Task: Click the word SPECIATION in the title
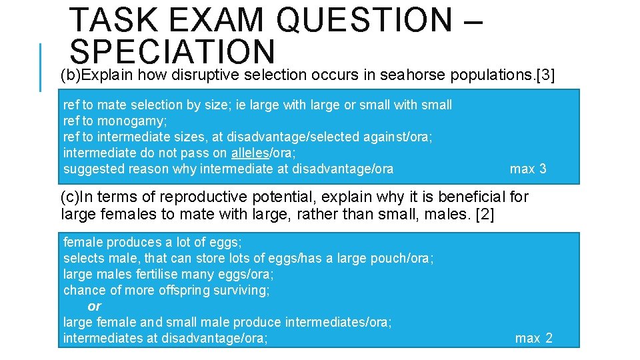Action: [x=172, y=51]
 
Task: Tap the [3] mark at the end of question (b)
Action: [x=545, y=75]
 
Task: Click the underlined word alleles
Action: [x=249, y=153]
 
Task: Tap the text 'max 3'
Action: [x=527, y=169]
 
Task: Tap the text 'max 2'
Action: [x=533, y=338]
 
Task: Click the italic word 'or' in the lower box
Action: [x=94, y=306]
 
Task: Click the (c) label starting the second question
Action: [x=70, y=197]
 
